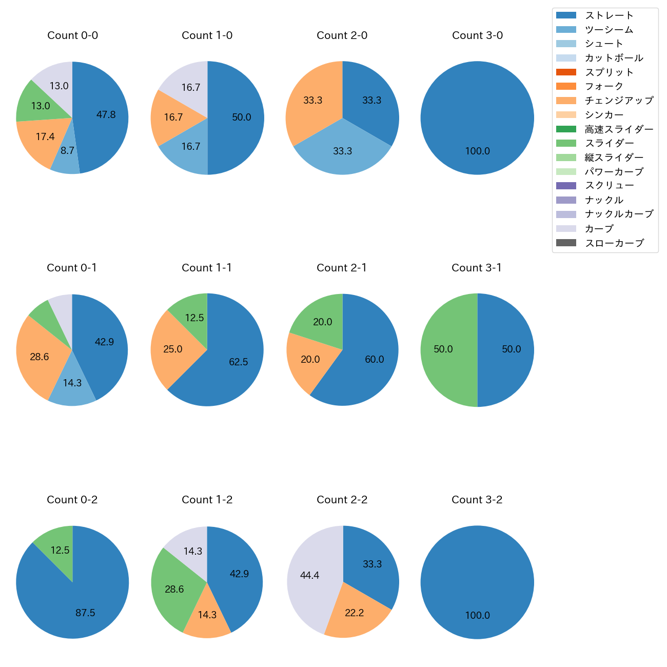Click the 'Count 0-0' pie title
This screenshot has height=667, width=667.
click(72, 35)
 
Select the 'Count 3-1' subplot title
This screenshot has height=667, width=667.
click(477, 268)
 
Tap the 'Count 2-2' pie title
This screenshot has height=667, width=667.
click(342, 500)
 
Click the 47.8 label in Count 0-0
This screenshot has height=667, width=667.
click(106, 115)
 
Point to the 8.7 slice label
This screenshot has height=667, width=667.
click(67, 151)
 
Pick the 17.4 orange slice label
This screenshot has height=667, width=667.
click(45, 137)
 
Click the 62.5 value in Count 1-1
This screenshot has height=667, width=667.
click(239, 362)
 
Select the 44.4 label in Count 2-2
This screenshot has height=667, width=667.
click(310, 576)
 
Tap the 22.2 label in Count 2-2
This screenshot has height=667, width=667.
click(355, 613)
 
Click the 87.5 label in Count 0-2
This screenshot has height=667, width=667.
click(85, 613)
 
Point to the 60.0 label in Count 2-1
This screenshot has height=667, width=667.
click(375, 360)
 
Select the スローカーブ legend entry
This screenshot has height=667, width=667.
click(614, 243)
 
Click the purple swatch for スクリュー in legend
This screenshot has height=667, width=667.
click(566, 186)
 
